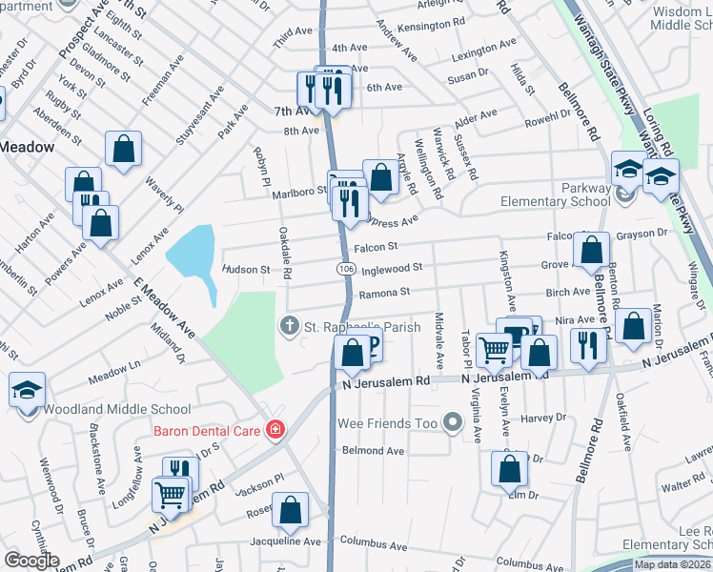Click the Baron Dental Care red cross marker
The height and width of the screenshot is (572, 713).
[275, 431]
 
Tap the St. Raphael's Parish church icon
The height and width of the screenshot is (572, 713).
[289, 327]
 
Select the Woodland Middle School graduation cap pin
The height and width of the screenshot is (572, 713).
[27, 390]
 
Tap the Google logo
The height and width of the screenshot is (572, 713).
[31, 561]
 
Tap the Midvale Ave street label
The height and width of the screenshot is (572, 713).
[439, 342]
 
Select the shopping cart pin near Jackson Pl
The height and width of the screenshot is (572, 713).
[171, 494]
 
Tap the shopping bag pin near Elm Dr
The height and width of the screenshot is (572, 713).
[509, 469]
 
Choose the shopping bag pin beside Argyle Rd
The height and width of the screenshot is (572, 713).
[380, 177]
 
